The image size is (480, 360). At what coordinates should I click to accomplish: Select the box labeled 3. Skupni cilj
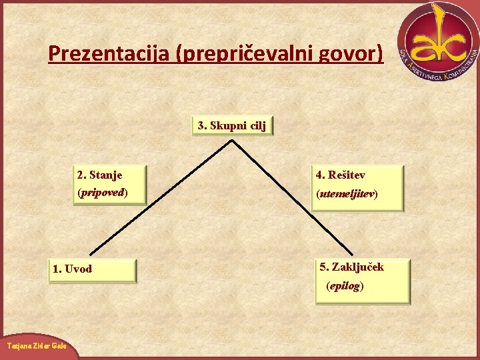[x=233, y=125]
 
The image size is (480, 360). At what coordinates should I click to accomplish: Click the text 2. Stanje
[x=100, y=175]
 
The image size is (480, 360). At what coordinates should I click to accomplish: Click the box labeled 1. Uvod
[x=93, y=270]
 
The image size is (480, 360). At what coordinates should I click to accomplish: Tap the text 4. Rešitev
[x=341, y=175]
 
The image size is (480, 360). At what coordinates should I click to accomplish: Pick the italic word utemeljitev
[x=347, y=194]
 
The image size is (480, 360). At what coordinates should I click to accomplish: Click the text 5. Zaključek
[x=352, y=267]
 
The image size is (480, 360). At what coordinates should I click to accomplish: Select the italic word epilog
[x=345, y=286]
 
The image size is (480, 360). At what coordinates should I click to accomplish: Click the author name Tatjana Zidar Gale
[x=37, y=348]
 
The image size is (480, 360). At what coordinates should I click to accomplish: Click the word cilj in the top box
[x=258, y=125]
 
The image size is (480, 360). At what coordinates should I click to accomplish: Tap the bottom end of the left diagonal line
[x=91, y=253]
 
